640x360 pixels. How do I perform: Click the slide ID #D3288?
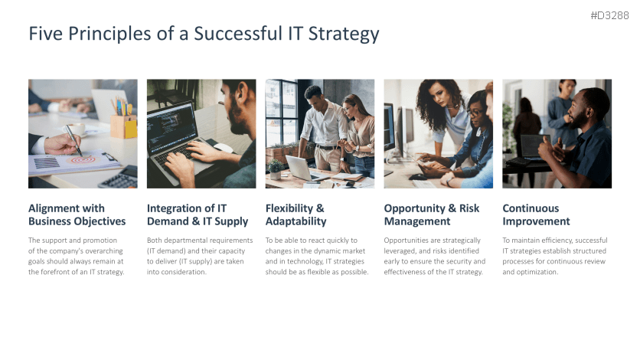[x=611, y=15]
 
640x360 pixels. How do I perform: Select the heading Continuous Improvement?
[x=536, y=215]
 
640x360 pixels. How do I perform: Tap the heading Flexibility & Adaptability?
[x=296, y=215]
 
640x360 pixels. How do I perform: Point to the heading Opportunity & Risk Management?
[x=432, y=215]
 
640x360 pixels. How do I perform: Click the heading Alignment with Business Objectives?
[x=77, y=215]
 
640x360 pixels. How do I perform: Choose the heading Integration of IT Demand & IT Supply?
[x=198, y=215]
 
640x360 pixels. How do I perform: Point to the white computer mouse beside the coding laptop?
[x=223, y=147]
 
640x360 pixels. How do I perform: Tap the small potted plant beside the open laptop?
[x=275, y=168]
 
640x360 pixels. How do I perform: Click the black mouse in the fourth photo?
[x=418, y=177]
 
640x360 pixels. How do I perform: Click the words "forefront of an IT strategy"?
[x=77, y=272]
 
